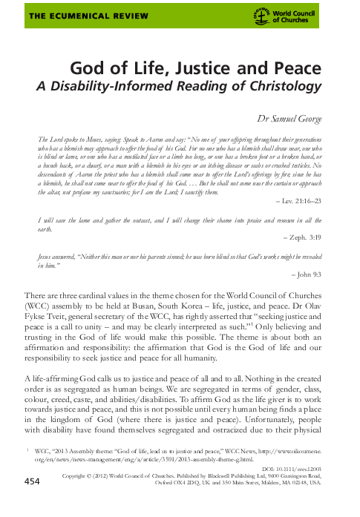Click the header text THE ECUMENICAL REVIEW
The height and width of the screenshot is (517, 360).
61,15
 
